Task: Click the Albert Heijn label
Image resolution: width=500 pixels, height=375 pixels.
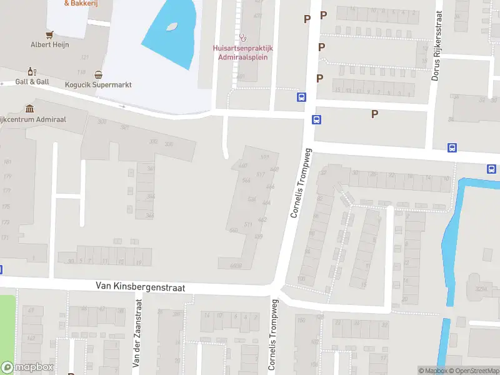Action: pos(50,44)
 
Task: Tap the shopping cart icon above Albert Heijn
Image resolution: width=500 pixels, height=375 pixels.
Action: pos(50,34)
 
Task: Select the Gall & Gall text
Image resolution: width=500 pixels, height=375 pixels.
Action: pos(32,82)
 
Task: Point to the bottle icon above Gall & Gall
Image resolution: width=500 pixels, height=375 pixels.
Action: pos(31,72)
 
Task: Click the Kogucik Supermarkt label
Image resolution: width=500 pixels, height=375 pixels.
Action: pos(98,84)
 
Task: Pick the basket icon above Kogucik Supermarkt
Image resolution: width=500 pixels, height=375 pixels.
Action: pos(98,74)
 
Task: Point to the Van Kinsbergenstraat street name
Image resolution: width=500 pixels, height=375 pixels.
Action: pos(141,286)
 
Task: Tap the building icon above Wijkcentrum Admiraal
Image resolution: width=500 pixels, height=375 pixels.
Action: pos(29,109)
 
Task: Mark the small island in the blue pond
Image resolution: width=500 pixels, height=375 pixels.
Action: pos(171,26)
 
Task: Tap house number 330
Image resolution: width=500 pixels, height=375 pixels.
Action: pos(168,144)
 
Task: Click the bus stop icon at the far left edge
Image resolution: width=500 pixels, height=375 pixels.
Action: pos(1,270)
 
